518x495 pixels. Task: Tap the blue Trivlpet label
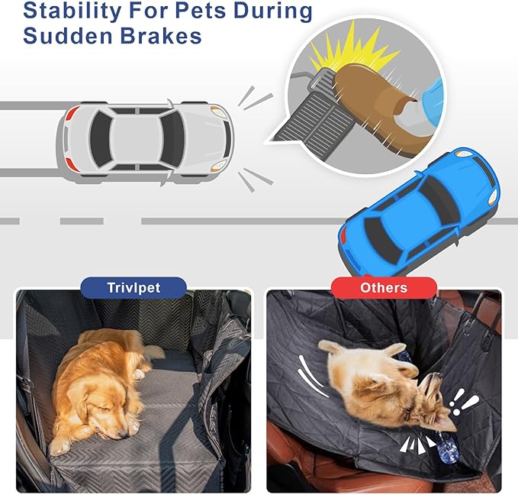coord(134,288)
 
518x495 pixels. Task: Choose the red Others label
coord(384,288)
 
